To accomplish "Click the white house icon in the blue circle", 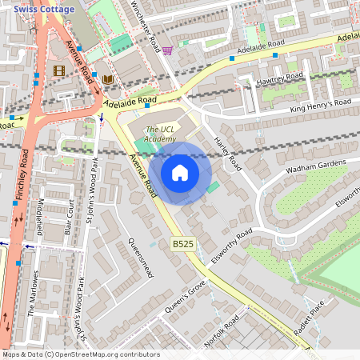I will point(180,173).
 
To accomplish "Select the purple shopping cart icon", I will point(167,50).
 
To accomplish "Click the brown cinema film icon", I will point(58,70).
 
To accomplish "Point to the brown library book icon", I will point(107,79).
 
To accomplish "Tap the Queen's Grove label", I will point(185,295).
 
